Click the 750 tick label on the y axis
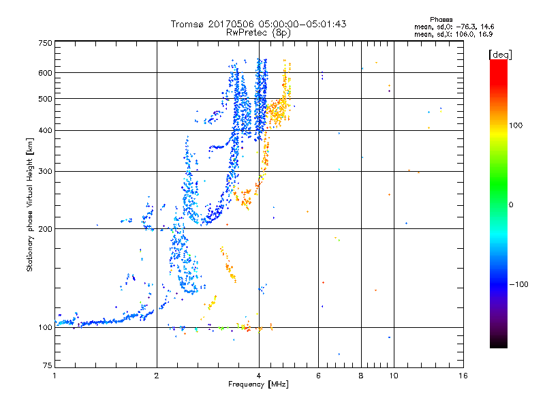pos(45,43)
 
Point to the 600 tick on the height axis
pos(45,72)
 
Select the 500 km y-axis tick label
pos(45,98)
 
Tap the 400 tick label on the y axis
pos(45,130)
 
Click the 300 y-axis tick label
pos(45,171)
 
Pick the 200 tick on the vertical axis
pos(45,228)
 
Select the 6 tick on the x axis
pos(318,376)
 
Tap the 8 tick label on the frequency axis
pos(361,376)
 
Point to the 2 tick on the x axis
pos(157,376)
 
